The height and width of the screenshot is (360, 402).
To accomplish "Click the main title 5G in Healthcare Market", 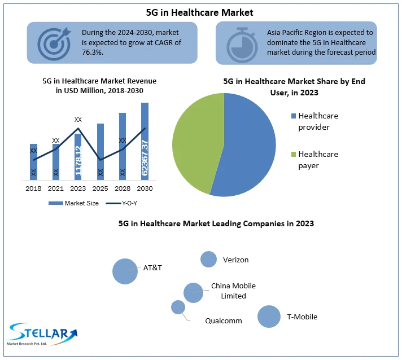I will pos(200,11).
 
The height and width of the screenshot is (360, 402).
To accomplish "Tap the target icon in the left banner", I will pos(55,43).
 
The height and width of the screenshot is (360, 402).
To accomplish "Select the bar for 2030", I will pos(145,141).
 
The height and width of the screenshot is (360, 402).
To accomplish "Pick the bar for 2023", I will pos(78,157).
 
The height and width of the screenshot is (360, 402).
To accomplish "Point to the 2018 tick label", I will pos(33,188).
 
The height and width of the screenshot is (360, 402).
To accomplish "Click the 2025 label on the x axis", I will pos(100,188).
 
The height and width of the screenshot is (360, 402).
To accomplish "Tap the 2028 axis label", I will pos(123,188).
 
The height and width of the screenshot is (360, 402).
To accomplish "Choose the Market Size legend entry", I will pos(77,203).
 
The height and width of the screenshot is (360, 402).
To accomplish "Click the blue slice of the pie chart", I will pos(248,152).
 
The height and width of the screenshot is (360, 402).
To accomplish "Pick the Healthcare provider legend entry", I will pos(318,121).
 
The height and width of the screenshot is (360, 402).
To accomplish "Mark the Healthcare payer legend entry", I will pos(318,160).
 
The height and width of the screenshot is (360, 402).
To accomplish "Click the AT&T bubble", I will pos(125,271).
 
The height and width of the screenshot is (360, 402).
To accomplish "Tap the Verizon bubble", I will pos(209,259).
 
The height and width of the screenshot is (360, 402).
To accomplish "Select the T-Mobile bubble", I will pos(269,317).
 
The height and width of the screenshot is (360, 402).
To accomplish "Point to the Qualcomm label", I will pos(224,321).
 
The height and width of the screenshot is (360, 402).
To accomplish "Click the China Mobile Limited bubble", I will pos(193,293).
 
